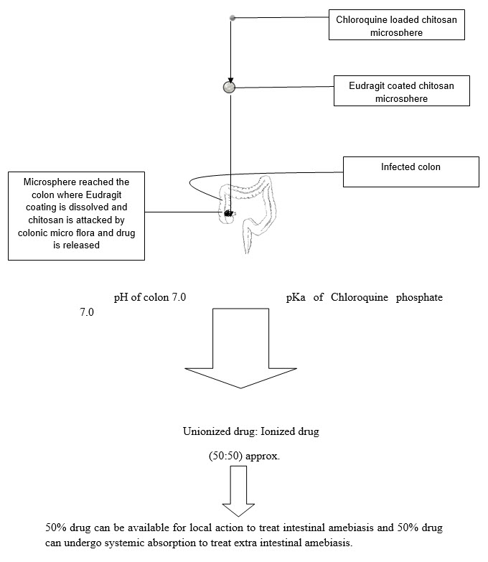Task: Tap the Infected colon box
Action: point(410,172)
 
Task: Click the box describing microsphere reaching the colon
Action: point(76,214)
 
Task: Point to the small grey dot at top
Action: point(232,17)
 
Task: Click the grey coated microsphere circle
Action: point(230,87)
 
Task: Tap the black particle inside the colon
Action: point(229,213)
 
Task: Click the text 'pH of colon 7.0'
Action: point(150,298)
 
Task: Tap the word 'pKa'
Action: point(296,298)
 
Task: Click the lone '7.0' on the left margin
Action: point(86,313)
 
